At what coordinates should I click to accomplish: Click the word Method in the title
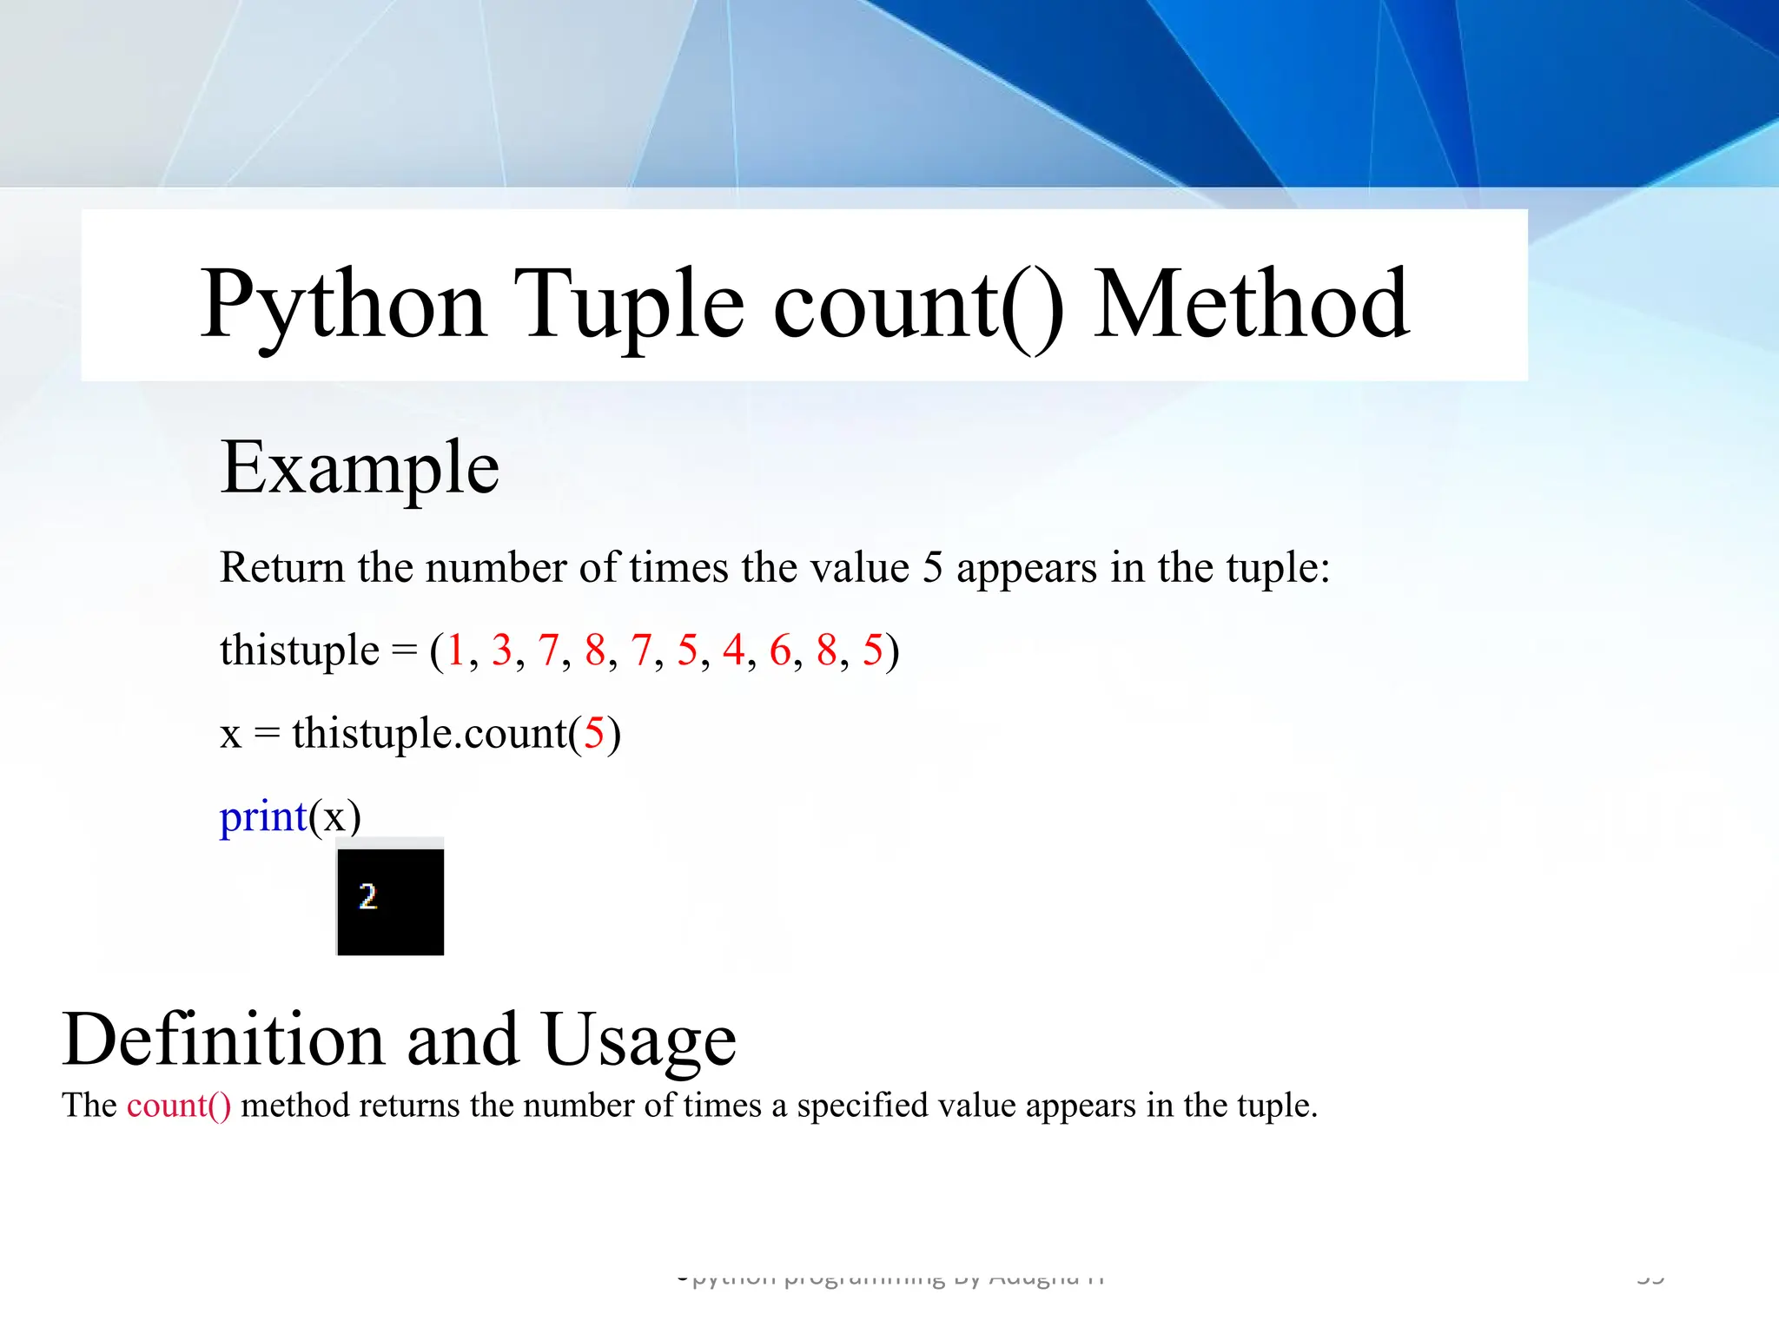[1251, 304]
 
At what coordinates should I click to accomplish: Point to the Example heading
[360, 468]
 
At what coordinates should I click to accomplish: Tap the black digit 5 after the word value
[932, 568]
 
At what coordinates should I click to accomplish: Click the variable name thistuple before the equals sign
[300, 650]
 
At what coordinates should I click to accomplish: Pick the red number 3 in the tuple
[502, 650]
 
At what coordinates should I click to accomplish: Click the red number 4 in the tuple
[734, 650]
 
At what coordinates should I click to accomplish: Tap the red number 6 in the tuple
[780, 650]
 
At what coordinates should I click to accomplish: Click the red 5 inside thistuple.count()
[594, 734]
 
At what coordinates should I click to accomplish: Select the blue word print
[263, 817]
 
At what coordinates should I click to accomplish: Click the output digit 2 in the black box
[367, 896]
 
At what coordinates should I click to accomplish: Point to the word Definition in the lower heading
[223, 1040]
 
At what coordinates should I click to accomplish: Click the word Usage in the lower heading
[639, 1040]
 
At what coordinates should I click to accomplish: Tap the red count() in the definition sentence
[179, 1106]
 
